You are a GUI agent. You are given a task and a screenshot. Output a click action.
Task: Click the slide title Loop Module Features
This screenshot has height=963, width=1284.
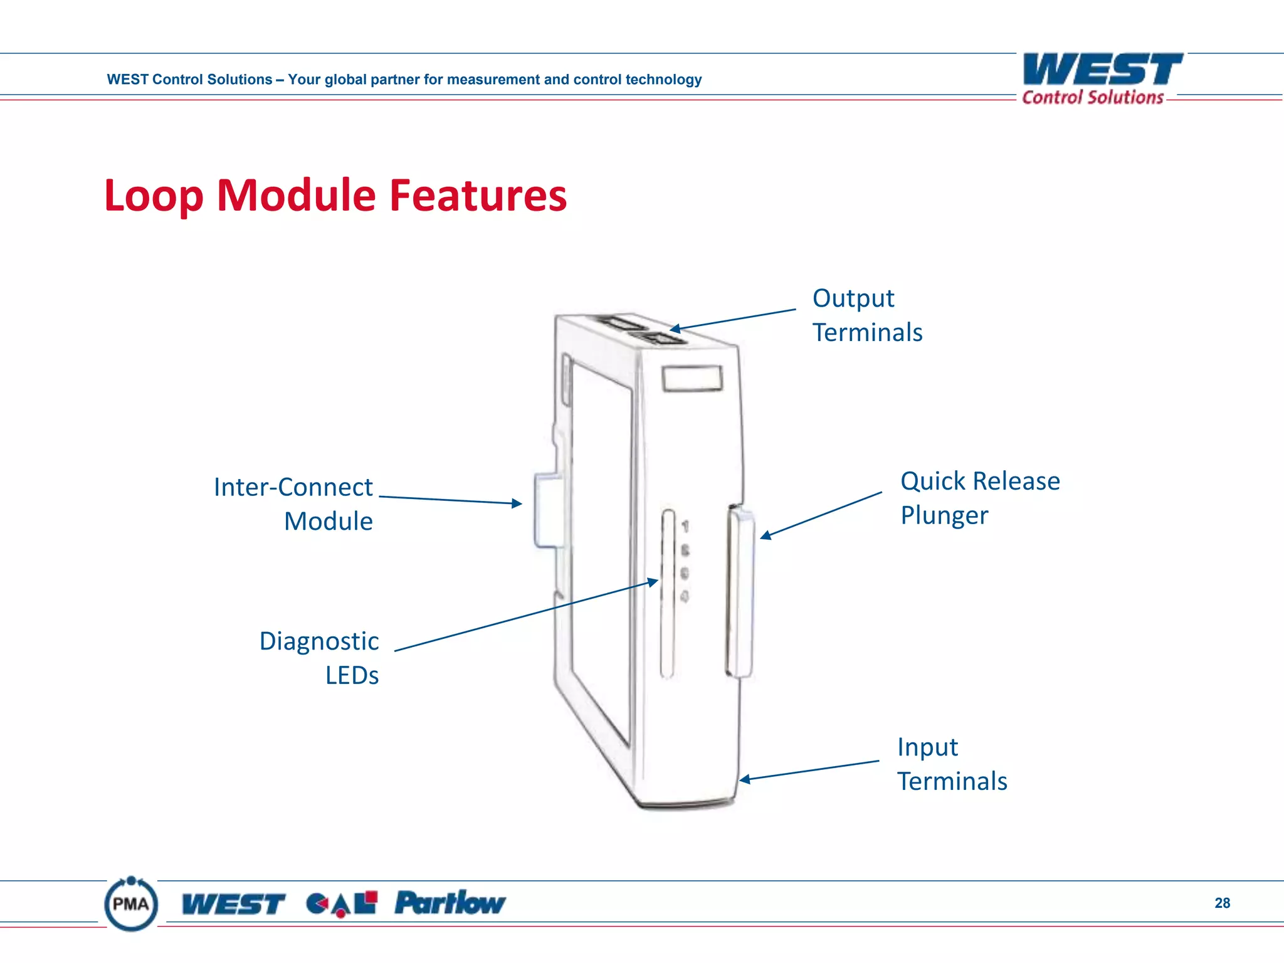pyautogui.click(x=335, y=196)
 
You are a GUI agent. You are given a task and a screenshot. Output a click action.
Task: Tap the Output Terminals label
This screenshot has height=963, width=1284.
pyautogui.click(x=866, y=315)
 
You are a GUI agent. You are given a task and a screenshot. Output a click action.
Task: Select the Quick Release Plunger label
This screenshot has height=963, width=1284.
pyautogui.click(x=979, y=498)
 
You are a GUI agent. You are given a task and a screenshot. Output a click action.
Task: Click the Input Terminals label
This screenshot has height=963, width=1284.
pyautogui.click(x=952, y=764)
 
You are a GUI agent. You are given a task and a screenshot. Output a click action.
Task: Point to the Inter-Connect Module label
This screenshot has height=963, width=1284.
pyautogui.click(x=293, y=504)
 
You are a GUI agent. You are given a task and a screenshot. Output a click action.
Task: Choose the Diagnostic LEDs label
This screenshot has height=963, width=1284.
pyautogui.click(x=320, y=658)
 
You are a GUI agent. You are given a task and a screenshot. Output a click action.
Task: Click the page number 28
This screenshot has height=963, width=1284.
pyautogui.click(x=1222, y=903)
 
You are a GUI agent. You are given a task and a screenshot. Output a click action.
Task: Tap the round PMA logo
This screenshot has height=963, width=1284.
pyautogui.click(x=131, y=903)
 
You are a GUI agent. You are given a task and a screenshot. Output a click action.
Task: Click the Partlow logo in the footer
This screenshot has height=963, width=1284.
pyautogui.click(x=450, y=903)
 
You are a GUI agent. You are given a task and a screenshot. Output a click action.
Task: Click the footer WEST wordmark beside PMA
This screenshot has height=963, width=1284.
pyautogui.click(x=233, y=904)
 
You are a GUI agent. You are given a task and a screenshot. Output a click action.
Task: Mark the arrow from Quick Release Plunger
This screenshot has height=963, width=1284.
pyautogui.click(x=821, y=515)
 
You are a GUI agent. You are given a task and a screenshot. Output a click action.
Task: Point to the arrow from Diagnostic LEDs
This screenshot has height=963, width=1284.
pyautogui.click(x=527, y=616)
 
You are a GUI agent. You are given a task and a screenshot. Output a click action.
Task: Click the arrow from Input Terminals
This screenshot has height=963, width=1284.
pyautogui.click(x=809, y=771)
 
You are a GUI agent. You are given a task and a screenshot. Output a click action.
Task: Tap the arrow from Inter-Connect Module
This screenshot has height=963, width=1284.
pyautogui.click(x=450, y=500)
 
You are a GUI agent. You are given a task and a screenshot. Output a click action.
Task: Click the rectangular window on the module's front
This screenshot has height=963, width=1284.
pyautogui.click(x=692, y=379)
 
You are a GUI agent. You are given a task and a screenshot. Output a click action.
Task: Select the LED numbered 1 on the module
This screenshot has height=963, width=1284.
pyautogui.click(x=685, y=527)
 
